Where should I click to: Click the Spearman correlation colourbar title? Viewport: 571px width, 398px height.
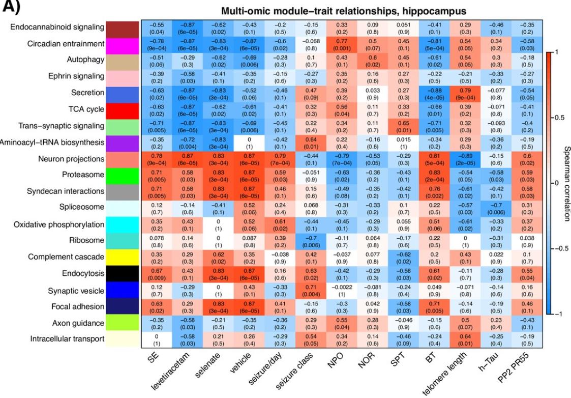562,183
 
